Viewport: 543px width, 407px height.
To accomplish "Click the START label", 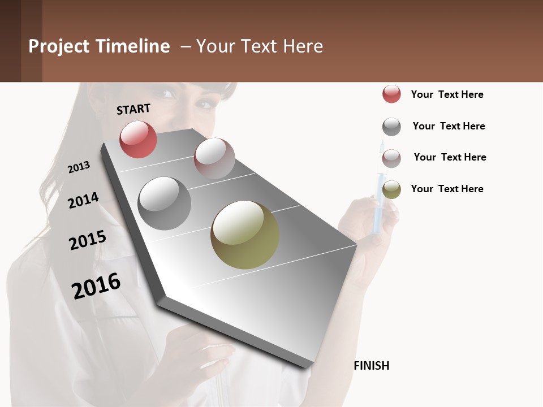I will pos(133,109).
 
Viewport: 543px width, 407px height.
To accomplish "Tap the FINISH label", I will pos(371,366).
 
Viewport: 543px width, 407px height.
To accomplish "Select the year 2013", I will pos(79,167).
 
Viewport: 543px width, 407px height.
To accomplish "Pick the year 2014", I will pos(83,200).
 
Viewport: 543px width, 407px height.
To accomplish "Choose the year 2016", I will pos(96,286).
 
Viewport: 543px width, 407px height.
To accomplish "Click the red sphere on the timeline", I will pos(138,139).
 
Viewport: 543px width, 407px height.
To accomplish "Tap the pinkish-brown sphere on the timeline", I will pos(214,158).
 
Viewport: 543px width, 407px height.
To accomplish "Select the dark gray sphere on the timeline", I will pos(165,203).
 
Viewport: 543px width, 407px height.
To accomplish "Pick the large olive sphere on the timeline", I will pos(245,235).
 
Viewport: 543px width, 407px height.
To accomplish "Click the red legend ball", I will pos(391,94).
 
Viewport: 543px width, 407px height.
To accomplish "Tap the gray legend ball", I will pos(391,127).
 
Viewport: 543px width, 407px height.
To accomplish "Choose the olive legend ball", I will pos(391,189).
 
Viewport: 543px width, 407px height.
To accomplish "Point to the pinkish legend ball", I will pos(391,158).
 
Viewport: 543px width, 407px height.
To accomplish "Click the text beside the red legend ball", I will pos(447,94).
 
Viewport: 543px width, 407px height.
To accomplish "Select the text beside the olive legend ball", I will pos(447,189).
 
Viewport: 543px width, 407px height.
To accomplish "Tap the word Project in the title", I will pos(59,46).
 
